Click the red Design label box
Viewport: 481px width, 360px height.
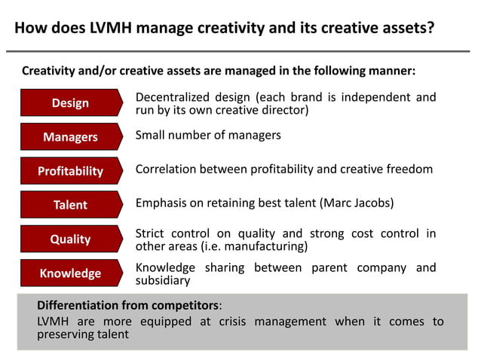coord(70,103)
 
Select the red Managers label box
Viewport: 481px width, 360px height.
coord(70,137)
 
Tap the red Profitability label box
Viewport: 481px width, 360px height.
coord(70,171)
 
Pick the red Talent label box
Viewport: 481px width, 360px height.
coord(70,205)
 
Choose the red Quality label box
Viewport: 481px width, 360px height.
coord(70,239)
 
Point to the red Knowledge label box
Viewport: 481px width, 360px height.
coord(70,273)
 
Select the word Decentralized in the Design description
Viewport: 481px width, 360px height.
coord(173,97)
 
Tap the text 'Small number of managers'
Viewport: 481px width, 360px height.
coord(208,136)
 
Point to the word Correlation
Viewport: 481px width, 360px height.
coord(167,169)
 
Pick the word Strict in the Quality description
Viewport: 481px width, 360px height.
coord(150,233)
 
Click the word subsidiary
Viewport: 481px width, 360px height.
coord(162,281)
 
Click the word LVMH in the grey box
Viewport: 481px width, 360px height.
coord(54,322)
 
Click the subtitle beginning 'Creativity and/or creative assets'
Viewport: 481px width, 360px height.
coord(219,72)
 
